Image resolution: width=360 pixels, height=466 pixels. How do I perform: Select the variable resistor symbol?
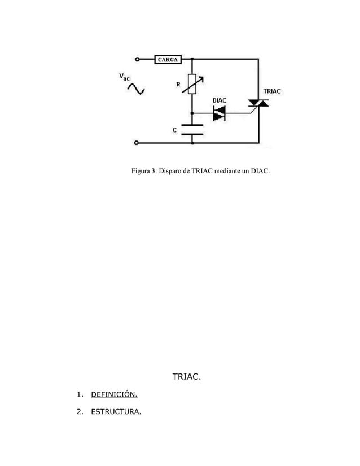pyautogui.click(x=192, y=84)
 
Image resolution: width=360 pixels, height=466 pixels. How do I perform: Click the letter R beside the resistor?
pyautogui.click(x=178, y=85)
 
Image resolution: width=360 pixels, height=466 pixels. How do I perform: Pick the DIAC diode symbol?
pyautogui.click(x=219, y=114)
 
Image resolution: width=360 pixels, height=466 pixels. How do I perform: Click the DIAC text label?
pyautogui.click(x=219, y=100)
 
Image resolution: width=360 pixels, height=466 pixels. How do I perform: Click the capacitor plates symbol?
pyautogui.click(x=192, y=129)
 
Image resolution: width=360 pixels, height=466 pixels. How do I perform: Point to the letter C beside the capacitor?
pyautogui.click(x=174, y=130)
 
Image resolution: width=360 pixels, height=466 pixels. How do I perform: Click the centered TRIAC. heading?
pyautogui.click(x=186, y=376)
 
